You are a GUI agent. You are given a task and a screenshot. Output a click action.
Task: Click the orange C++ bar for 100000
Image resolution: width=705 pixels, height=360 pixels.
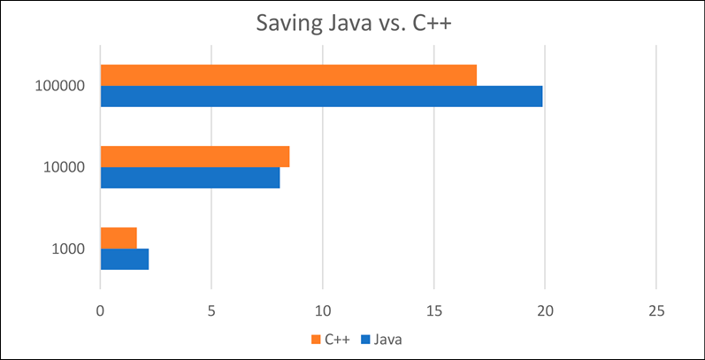click(288, 75)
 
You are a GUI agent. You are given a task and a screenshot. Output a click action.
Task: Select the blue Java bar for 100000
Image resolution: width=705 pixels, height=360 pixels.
click(321, 96)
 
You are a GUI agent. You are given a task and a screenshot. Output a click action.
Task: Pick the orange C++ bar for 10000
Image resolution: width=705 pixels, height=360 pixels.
click(195, 157)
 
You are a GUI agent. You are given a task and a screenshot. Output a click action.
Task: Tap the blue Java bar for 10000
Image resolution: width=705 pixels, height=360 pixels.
click(190, 178)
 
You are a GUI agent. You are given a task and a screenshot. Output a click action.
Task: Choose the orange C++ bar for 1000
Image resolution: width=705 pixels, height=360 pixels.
click(119, 238)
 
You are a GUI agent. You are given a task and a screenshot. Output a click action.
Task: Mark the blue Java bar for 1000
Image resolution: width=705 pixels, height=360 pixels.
click(125, 259)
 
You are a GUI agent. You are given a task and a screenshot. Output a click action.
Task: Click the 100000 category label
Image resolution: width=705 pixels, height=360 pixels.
click(60, 86)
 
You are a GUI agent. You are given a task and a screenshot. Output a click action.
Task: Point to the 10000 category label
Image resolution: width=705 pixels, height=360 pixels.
click(64, 168)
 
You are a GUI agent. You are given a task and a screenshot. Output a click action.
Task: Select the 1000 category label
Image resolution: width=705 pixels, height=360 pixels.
click(68, 249)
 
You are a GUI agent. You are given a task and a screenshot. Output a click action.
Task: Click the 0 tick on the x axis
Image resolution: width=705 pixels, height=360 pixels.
click(100, 311)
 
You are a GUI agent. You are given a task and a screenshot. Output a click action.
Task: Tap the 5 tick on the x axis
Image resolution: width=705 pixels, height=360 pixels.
click(211, 311)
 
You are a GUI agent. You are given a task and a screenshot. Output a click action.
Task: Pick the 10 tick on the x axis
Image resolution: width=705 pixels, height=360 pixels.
click(322, 311)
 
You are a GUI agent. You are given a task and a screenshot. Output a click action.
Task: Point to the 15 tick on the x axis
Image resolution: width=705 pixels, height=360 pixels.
click(433, 311)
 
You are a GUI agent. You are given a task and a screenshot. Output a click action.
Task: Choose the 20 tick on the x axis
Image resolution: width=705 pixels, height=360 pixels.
click(545, 311)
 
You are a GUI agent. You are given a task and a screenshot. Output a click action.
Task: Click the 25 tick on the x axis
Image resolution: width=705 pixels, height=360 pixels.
click(656, 311)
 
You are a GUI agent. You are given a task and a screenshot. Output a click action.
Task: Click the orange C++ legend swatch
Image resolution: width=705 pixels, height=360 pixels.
click(315, 340)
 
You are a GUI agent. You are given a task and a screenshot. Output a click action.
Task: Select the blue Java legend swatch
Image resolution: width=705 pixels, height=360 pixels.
click(364, 340)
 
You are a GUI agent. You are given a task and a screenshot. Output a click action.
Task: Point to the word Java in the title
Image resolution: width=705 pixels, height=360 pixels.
click(347, 22)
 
